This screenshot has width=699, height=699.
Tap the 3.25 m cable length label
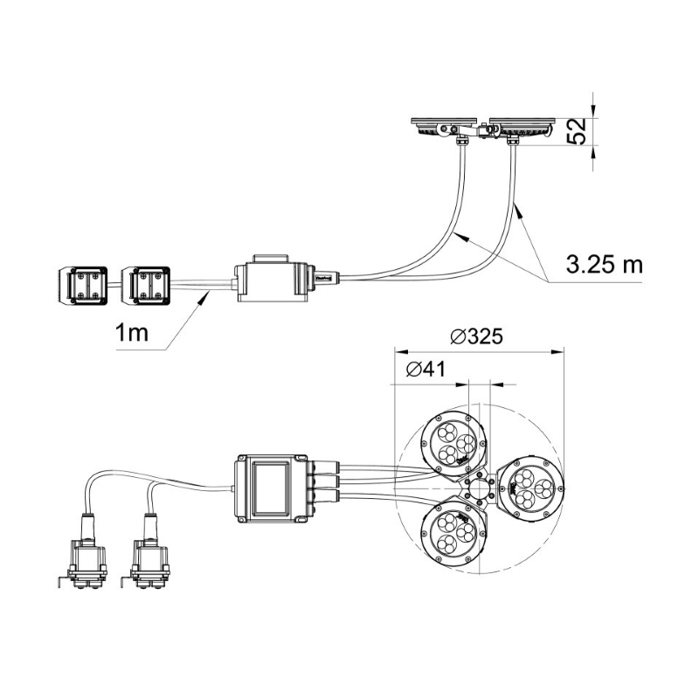coord(605,265)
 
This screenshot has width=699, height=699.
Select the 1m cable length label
coord(132,333)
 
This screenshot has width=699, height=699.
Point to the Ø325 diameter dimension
coord(476,336)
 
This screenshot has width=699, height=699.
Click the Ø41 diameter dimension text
coord(426,369)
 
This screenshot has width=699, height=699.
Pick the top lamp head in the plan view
coord(453,444)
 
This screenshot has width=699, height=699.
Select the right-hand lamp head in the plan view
coord(530,488)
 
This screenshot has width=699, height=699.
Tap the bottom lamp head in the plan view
coord(453,532)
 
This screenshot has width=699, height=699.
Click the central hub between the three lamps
coord(479,488)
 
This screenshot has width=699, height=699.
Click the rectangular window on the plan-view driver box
coord(271,488)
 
